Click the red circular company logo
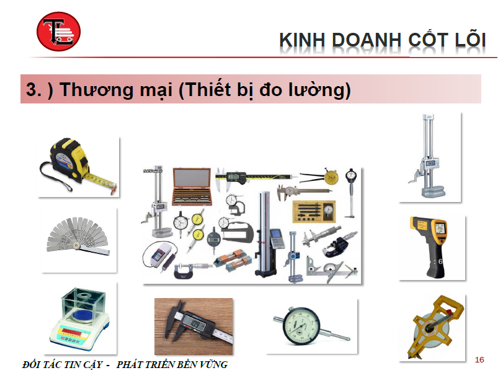(x=58, y=32)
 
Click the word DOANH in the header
(x=367, y=40)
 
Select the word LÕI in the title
(x=470, y=39)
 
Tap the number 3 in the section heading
(x=31, y=89)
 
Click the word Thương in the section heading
(x=96, y=89)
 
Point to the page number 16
(x=479, y=360)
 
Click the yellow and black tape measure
(x=77, y=165)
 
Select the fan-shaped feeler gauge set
(x=78, y=237)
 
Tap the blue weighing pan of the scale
(x=82, y=316)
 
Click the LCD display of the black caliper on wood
(x=195, y=325)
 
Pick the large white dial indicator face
(x=301, y=326)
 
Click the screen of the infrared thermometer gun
(x=440, y=228)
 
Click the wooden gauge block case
(x=192, y=186)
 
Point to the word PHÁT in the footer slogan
(x=129, y=364)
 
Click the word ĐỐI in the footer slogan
(x=31, y=364)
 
